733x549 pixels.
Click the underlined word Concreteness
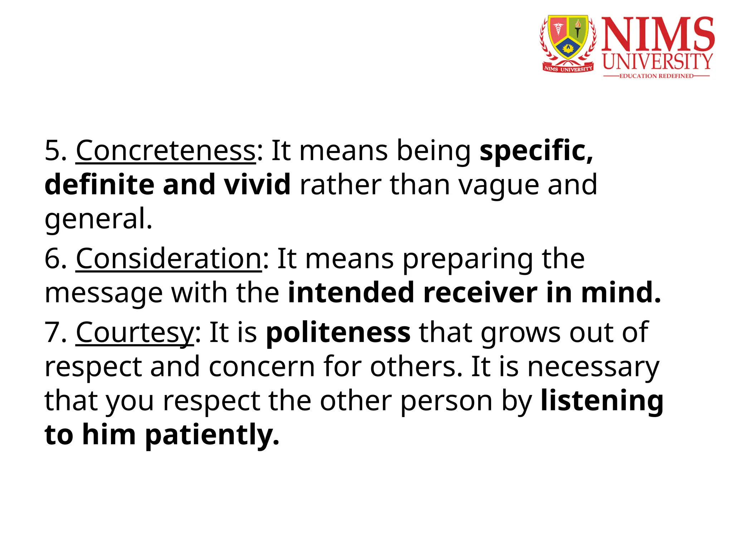click(166, 151)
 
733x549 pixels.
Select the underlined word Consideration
click(169, 259)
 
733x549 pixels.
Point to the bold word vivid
click(257, 185)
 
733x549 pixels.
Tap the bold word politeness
click(338, 332)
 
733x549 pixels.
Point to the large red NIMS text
click(658, 34)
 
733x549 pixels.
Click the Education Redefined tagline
click(656, 76)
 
